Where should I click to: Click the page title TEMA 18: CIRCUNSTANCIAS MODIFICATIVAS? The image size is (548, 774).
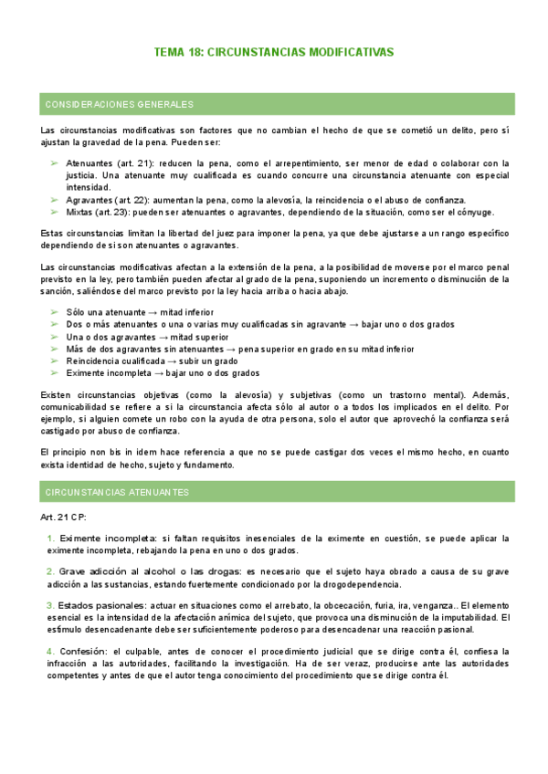[274, 53]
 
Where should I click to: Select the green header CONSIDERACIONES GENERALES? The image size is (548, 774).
[119, 104]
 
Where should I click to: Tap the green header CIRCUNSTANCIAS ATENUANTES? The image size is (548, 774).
[117, 492]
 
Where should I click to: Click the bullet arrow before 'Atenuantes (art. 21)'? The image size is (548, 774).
[55, 163]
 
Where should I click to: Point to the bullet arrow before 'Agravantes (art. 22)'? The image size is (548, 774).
[55, 200]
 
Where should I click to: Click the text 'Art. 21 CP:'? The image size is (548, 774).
[65, 517]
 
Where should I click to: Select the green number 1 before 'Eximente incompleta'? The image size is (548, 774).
[50, 539]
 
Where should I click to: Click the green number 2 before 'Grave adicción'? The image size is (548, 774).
[50, 571]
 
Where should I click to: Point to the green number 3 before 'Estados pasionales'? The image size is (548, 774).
[50, 605]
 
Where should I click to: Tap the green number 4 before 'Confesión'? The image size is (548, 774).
[50, 651]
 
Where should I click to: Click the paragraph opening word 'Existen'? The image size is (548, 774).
[58, 394]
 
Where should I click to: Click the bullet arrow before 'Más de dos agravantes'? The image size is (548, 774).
[55, 349]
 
